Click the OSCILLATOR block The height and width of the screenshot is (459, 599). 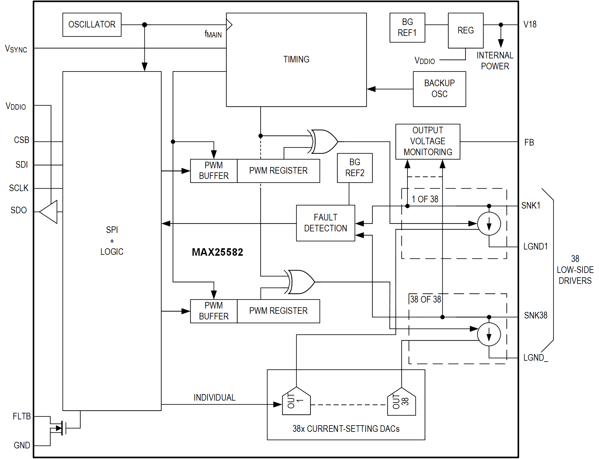point(92,25)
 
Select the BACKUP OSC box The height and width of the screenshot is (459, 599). point(439,89)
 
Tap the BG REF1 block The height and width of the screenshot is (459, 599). point(407,27)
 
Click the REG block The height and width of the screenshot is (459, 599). point(465,30)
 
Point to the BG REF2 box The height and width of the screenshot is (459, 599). point(355,168)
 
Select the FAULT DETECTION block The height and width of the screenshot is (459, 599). point(325,223)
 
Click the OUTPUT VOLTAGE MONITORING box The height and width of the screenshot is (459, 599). point(428,141)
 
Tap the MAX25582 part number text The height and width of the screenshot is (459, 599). point(217,252)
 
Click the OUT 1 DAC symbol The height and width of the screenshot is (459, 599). point(296,401)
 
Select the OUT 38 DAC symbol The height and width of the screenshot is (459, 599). point(401,402)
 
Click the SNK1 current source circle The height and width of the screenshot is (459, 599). point(489,224)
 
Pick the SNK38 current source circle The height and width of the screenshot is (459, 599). point(489,334)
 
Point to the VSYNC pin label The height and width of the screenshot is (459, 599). point(16,49)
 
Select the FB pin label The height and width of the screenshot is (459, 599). point(529,143)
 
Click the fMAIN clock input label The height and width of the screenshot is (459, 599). point(213,34)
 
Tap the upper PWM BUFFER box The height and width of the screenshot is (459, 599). point(214,171)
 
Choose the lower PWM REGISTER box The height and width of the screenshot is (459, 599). point(278,311)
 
